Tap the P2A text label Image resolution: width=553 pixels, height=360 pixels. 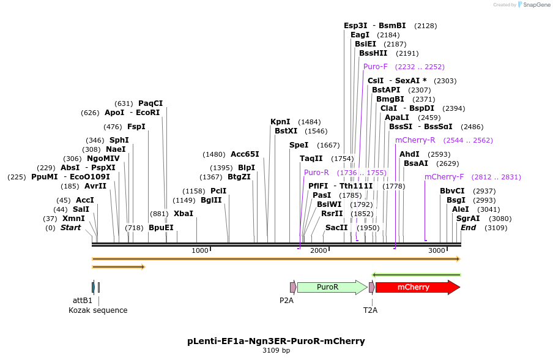pos(286,301)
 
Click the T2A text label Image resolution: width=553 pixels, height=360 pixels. pos(370,310)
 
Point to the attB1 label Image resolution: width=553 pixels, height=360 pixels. pos(83,301)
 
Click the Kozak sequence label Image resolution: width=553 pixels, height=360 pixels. pos(98,310)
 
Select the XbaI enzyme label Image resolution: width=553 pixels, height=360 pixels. pos(184,214)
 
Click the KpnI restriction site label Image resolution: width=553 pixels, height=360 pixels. pos(280,122)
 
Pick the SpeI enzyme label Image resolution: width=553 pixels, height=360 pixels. pos(299,145)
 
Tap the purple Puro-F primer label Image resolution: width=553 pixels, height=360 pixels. pos(376,67)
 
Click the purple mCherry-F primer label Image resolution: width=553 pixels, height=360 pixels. pos(444,177)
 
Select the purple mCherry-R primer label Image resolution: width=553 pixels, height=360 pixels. pos(415,140)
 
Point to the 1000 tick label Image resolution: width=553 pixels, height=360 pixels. pos(200,251)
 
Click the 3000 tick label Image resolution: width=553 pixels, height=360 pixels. pos(436,251)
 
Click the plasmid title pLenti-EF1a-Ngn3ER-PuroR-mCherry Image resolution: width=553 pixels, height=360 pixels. pos(276,340)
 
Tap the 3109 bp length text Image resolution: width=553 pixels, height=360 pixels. pos(276,351)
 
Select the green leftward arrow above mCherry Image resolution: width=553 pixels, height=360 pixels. pos(416,275)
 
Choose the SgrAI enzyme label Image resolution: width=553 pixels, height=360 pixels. pos(467,219)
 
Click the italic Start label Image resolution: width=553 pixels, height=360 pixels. pos(70,228)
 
